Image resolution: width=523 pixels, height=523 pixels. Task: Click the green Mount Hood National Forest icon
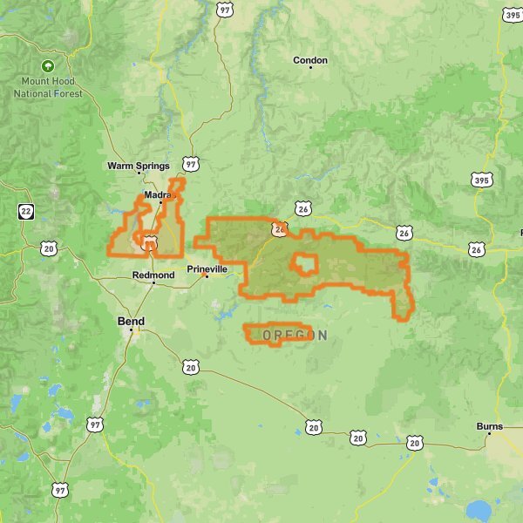(x=48, y=66)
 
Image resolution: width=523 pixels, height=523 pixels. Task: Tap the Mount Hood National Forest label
(x=48, y=87)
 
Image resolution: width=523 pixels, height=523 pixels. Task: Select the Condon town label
(x=310, y=60)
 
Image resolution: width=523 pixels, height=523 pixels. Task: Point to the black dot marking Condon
(x=310, y=68)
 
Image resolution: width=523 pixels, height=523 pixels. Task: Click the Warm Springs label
(x=139, y=166)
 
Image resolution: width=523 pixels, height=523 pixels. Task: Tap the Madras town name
(x=160, y=195)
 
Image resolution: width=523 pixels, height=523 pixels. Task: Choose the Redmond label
(x=153, y=275)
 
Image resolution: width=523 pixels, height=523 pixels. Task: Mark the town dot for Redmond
(x=153, y=282)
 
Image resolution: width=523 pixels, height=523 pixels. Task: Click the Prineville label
(x=207, y=269)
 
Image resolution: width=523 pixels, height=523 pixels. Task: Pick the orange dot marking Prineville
(x=207, y=277)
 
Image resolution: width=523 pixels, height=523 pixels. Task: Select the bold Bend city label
(x=131, y=322)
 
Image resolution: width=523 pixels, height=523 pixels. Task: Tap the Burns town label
(x=490, y=426)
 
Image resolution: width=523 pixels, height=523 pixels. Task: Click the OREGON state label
(x=295, y=336)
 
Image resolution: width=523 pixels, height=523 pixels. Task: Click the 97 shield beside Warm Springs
(x=192, y=164)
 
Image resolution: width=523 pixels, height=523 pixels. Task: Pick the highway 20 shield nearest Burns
(x=414, y=443)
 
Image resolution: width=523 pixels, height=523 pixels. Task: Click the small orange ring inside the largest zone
(x=302, y=264)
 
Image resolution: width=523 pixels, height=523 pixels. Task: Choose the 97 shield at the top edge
(x=225, y=10)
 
